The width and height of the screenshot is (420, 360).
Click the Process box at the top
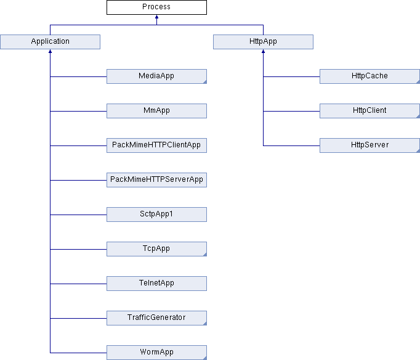[x=156, y=7]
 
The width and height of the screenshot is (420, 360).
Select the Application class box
[x=50, y=42]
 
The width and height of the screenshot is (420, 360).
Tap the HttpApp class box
[x=263, y=42]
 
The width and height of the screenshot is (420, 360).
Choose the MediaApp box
[x=156, y=76]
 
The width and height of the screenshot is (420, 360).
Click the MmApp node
[x=156, y=111]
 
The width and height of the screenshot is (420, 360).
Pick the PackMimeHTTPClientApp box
[x=156, y=145]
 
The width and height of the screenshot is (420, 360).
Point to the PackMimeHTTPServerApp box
[x=156, y=180]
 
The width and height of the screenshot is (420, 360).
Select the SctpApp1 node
[x=156, y=215]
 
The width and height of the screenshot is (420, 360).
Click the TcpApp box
[x=156, y=249]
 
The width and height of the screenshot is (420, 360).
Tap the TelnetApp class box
[x=156, y=284]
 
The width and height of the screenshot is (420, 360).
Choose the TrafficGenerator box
[x=156, y=318]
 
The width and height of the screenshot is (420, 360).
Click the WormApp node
[x=156, y=353]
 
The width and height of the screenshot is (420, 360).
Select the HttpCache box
[x=370, y=76]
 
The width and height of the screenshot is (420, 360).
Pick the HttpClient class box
[x=370, y=111]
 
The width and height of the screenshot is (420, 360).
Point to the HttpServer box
[x=370, y=145]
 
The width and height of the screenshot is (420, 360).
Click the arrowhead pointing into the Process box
[x=156, y=17]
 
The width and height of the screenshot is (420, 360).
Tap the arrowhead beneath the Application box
[x=50, y=51]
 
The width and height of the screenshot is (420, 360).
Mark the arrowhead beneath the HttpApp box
[x=263, y=51]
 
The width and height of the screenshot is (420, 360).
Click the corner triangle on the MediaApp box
[x=205, y=82]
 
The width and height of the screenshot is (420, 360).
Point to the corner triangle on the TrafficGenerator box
[x=205, y=324]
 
